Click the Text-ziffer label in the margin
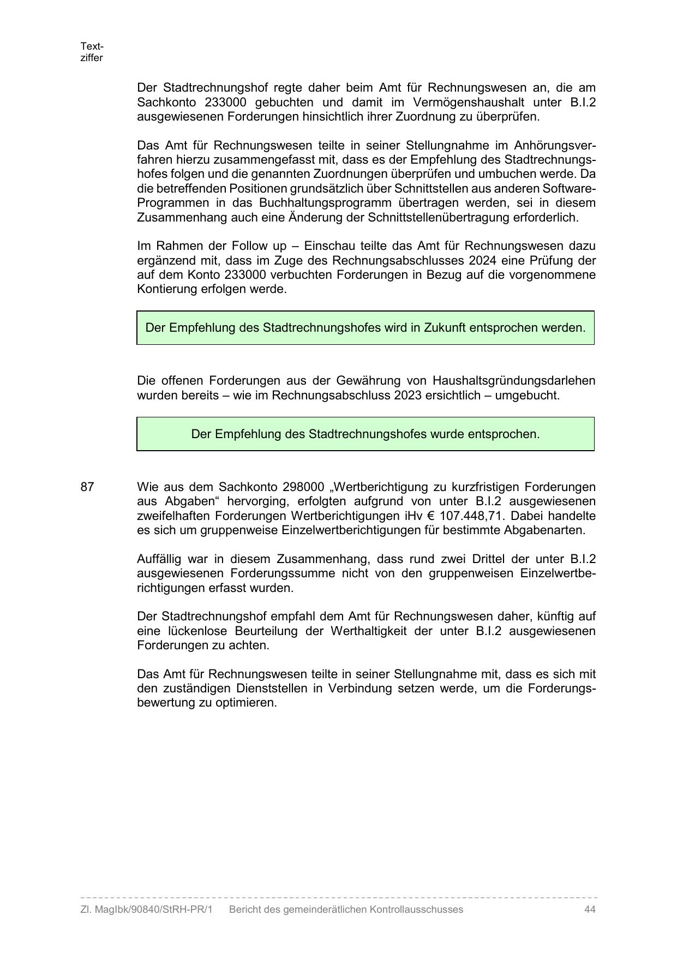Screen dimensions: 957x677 tap(92, 52)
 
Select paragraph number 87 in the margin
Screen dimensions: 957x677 tap(87, 487)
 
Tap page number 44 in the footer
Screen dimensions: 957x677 tap(589, 910)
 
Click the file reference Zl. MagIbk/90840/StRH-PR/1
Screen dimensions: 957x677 tap(146, 910)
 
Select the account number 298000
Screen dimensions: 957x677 tap(303, 487)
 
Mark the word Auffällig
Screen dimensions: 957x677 tap(160, 559)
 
